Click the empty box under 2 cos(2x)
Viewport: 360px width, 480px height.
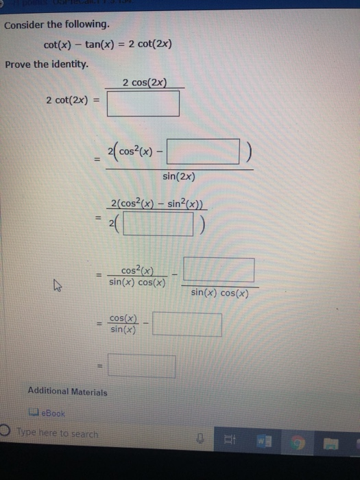pos(143,104)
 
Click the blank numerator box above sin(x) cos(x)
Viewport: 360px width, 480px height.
pos(219,269)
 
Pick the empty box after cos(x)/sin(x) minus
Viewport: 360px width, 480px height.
pos(187,324)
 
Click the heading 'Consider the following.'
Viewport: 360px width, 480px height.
pos(57,25)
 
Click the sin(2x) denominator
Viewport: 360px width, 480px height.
pos(179,176)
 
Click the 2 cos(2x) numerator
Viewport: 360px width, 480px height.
pos(143,83)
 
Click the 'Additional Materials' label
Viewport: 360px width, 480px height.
pos(67,392)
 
